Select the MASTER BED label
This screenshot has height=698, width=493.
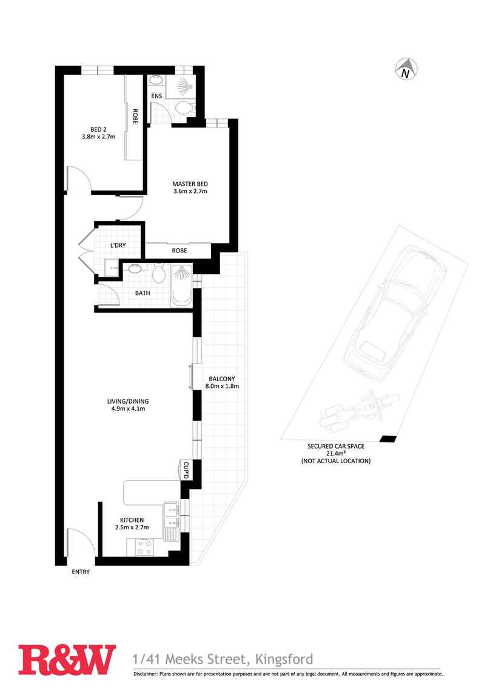[190, 184]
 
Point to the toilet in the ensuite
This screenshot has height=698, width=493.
[184, 108]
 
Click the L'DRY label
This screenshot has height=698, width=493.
[118, 246]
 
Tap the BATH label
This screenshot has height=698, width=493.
[143, 293]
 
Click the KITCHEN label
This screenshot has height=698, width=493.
[132, 520]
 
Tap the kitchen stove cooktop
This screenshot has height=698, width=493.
[144, 547]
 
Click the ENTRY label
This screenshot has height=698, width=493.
[81, 572]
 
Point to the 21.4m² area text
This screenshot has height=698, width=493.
[335, 453]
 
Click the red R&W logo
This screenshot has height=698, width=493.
[67, 660]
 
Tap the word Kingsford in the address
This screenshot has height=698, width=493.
[284, 659]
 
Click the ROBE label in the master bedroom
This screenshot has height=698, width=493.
[179, 251]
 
